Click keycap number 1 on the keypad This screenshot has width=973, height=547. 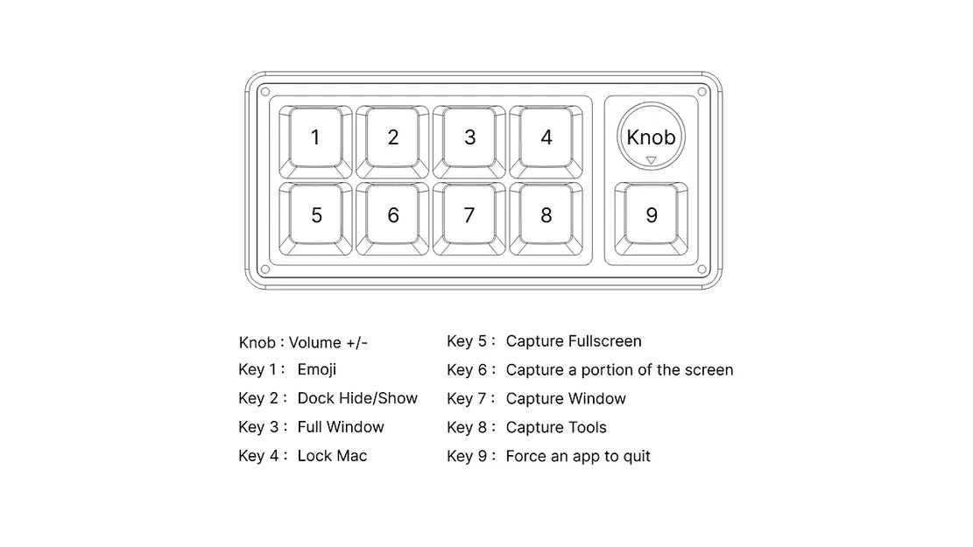[315, 137]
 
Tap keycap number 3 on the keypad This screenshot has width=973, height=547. [469, 137]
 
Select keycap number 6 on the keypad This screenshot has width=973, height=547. [392, 215]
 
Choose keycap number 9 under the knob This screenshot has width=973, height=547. [651, 215]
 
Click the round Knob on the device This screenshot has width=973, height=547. [651, 136]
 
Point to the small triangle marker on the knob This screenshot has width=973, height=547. [651, 160]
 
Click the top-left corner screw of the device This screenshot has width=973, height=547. [264, 91]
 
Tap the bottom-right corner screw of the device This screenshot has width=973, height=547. [702, 270]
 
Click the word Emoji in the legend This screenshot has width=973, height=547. [317, 370]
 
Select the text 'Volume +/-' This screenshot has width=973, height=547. [328, 342]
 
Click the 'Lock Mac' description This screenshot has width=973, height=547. [332, 456]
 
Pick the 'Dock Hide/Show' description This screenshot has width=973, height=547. [357, 399]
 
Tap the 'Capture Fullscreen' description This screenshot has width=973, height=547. [574, 341]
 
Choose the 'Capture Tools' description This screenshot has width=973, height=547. [556, 428]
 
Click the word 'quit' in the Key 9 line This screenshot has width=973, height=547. [636, 457]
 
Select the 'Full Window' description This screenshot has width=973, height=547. [341, 427]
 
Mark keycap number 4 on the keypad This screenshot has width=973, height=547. [546, 137]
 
